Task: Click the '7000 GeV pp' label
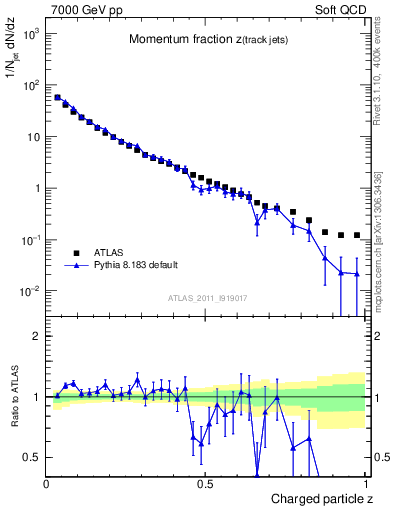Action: coord(83,11)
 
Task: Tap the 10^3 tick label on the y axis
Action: coord(30,33)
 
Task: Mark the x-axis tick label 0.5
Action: coord(205,484)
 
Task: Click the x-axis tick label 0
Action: coord(47,484)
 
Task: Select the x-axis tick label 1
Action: coord(364,484)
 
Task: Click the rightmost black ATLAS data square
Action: coord(357,235)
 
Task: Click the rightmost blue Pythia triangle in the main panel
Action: coord(357,273)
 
